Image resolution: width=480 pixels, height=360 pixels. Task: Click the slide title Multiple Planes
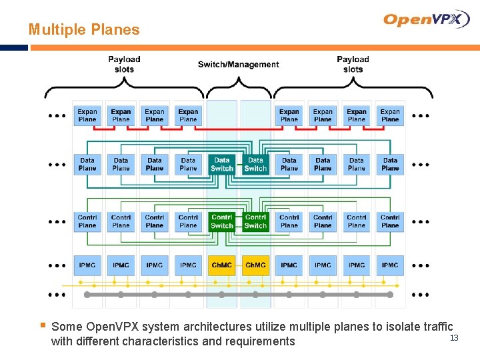[84, 29]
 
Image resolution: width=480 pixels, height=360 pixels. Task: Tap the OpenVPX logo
[427, 19]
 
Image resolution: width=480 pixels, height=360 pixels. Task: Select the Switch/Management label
[238, 65]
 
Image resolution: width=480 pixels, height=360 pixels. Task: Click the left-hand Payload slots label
[124, 64]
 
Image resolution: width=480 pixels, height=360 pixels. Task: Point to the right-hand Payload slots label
[353, 64]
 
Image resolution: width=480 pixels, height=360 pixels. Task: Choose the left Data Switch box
[222, 164]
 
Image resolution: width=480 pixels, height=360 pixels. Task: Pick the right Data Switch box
[255, 164]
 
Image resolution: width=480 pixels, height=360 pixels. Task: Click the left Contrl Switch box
[222, 221]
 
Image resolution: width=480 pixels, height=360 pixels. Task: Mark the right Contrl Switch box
[255, 221]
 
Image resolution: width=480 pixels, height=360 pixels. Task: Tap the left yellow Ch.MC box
[222, 265]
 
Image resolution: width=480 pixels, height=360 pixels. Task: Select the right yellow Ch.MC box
[255, 265]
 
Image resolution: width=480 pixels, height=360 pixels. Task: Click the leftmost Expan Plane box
[87, 115]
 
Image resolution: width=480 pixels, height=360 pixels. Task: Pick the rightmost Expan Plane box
[390, 115]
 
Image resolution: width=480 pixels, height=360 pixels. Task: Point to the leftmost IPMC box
[87, 265]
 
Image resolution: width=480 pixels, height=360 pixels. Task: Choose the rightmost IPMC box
[390, 265]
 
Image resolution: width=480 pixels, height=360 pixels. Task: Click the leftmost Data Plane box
[87, 164]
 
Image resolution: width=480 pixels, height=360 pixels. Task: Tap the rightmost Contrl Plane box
[390, 221]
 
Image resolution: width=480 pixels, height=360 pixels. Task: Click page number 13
[454, 339]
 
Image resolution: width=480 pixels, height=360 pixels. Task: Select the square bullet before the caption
[42, 326]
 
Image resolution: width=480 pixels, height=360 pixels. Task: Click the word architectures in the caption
[215, 327]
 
